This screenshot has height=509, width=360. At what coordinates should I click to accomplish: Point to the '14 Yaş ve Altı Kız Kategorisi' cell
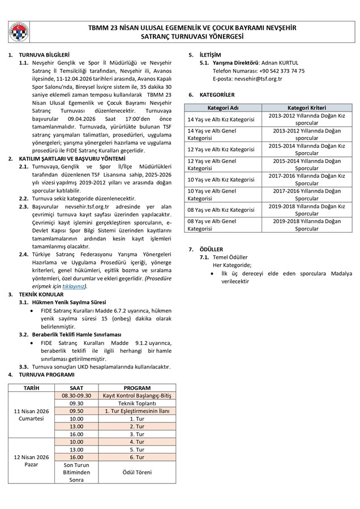click(221, 119)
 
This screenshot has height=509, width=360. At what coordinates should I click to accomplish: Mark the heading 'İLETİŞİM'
click(211, 54)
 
